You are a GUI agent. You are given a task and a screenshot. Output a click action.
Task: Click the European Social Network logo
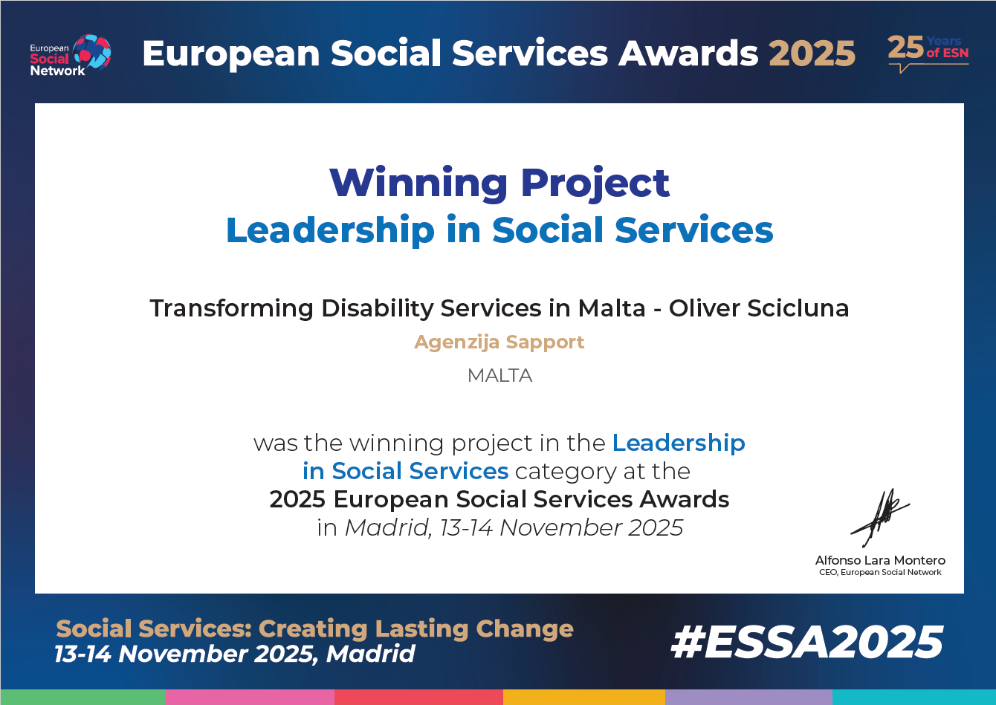point(70,54)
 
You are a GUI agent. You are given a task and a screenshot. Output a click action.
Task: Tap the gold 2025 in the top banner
point(812,53)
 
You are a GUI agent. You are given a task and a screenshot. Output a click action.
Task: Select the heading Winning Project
point(499,183)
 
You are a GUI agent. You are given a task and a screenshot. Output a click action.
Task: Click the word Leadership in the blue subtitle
point(329,230)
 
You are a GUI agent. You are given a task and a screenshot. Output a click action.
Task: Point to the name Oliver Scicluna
point(759,308)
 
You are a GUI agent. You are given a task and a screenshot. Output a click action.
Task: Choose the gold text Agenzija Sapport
point(499,342)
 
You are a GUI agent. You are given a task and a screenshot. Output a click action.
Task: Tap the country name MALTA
point(499,376)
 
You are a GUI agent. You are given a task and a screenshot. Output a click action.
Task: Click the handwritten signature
point(881,517)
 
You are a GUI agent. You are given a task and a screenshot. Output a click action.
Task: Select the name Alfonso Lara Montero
point(880,560)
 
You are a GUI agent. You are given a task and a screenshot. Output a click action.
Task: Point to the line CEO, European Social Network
point(880,573)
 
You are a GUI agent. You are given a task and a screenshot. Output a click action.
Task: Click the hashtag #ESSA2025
point(806,643)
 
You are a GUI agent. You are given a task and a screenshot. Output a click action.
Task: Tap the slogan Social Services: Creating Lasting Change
point(314,629)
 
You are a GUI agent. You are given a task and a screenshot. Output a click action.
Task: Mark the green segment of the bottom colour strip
point(83,697)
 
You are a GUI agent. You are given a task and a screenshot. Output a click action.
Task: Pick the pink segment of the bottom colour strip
point(250,697)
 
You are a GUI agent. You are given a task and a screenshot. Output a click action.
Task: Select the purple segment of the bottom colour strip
point(748,697)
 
